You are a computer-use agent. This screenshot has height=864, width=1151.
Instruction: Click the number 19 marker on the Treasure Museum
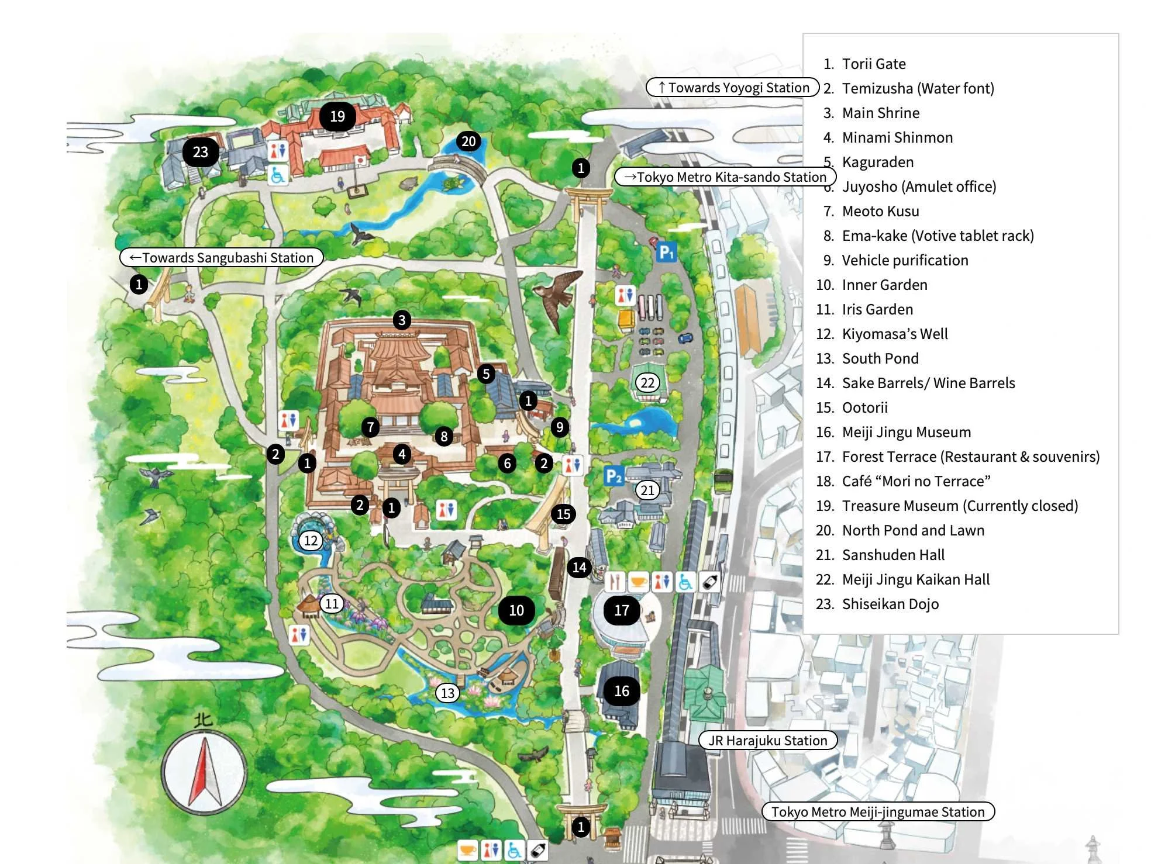coord(337,116)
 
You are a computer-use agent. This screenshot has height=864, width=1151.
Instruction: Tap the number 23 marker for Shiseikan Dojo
coord(201,152)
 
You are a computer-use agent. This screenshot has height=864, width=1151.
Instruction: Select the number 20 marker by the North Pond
coord(468,141)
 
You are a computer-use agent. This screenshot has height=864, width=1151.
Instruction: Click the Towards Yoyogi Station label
coord(732,87)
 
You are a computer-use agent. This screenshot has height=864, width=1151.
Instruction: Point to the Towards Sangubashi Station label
coord(222,257)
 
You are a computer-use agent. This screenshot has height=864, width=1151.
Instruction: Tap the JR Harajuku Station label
coord(767,740)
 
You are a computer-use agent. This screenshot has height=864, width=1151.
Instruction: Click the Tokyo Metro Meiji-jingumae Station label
coord(877,811)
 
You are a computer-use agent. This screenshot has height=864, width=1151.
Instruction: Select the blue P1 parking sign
coord(666,252)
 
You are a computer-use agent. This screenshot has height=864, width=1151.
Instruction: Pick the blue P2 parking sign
coord(614,476)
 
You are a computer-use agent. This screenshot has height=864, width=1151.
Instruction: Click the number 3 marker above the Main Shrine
coord(401,320)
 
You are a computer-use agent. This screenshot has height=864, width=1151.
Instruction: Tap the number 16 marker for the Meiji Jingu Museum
coord(621,690)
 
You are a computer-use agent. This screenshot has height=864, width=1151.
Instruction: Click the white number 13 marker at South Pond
coord(447,693)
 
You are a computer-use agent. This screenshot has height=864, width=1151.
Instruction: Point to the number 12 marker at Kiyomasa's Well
coord(311,540)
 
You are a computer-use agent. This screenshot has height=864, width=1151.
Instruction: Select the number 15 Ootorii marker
coord(563,514)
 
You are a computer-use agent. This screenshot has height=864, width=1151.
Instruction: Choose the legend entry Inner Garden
coord(884,285)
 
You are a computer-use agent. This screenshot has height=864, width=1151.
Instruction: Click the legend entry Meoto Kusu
coord(880,211)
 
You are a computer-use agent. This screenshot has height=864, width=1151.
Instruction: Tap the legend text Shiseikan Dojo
coord(890,604)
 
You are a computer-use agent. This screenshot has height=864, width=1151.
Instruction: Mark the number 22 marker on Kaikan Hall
coord(647,383)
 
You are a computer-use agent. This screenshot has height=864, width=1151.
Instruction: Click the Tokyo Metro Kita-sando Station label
coord(725,177)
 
